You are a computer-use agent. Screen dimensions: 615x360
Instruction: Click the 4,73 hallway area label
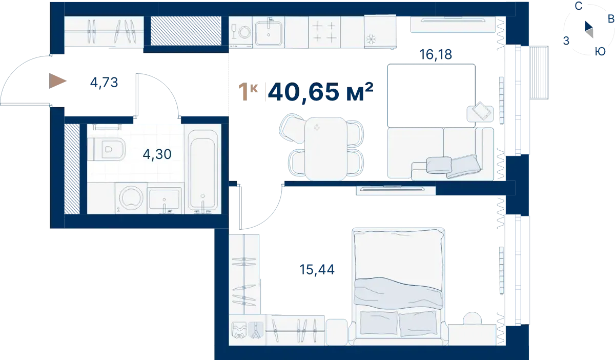click(104, 83)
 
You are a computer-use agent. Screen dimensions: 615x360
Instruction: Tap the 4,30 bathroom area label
click(157, 154)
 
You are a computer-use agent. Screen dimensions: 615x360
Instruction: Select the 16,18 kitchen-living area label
click(436, 54)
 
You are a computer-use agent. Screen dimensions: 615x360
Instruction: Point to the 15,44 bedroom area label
click(317, 270)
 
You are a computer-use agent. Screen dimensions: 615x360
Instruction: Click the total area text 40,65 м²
click(321, 92)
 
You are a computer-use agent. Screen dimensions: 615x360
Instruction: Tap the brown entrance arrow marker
click(57, 81)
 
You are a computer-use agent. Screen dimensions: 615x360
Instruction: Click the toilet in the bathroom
click(107, 149)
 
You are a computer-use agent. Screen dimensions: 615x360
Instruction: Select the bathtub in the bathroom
click(203, 169)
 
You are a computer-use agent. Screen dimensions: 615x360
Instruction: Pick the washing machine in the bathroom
click(131, 198)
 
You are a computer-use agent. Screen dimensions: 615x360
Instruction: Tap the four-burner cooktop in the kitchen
click(324, 32)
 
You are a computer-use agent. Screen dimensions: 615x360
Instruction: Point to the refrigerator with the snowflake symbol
click(380, 32)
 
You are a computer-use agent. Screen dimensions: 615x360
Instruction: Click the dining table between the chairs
click(325, 149)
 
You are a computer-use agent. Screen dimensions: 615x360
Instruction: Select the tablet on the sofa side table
click(481, 111)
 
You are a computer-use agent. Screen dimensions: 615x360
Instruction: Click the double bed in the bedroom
click(398, 286)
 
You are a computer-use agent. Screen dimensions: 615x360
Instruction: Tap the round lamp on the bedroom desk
click(472, 319)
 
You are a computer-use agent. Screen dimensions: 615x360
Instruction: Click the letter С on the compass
click(579, 6)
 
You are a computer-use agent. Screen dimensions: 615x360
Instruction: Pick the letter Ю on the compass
click(600, 51)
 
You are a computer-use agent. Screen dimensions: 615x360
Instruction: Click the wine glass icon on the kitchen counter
click(234, 31)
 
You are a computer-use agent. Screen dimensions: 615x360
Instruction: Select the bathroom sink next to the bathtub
click(164, 200)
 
